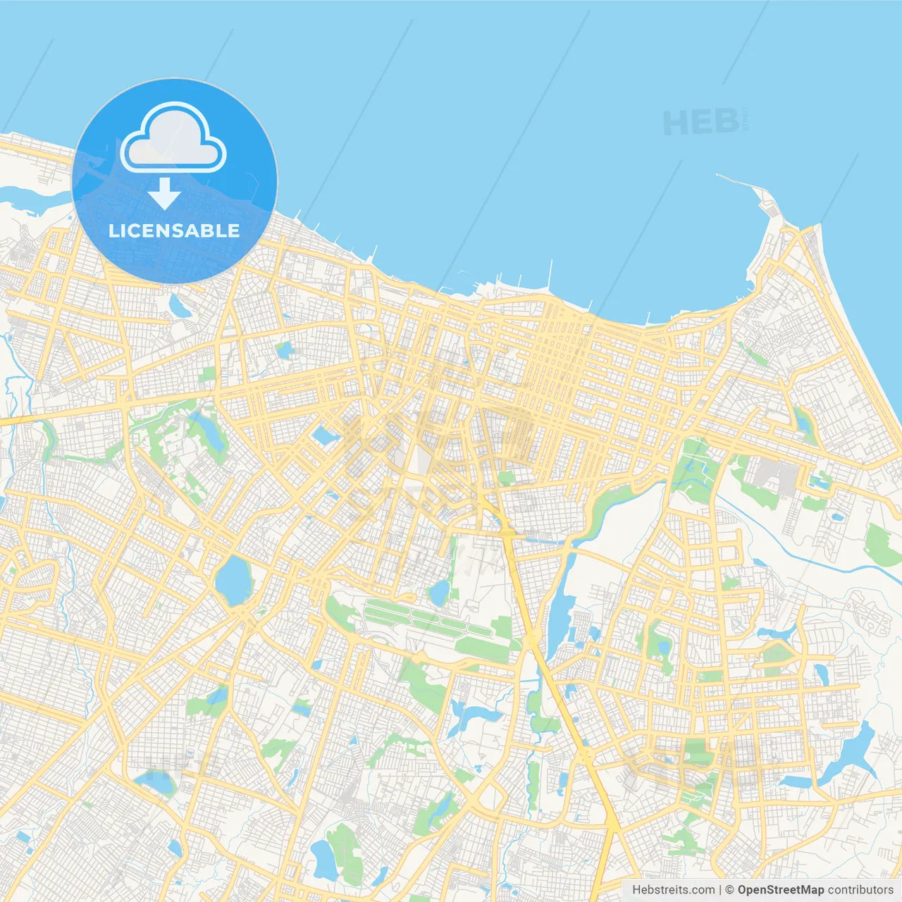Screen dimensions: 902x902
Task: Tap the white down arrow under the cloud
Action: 164,194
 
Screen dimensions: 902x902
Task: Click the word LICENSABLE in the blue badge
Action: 174,230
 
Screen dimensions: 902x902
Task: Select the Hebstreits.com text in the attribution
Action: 673,890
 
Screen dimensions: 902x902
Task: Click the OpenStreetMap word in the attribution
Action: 780,890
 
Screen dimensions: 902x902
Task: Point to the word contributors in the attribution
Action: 860,890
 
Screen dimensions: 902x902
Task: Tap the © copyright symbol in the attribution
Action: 729,890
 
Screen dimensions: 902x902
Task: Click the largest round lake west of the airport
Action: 233,579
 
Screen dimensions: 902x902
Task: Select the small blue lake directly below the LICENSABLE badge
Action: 178,305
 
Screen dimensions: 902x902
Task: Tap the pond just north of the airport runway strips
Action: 440,593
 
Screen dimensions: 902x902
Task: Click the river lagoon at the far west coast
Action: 28,198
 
